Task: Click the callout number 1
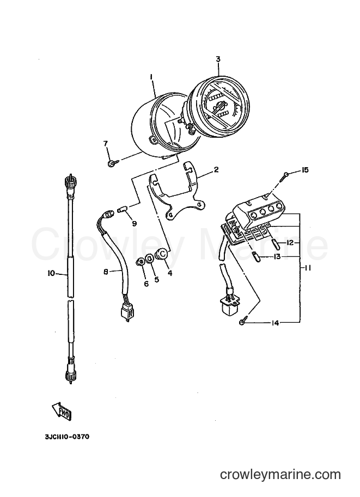[151, 77]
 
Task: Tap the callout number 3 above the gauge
[218, 59]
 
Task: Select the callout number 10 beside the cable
[51, 273]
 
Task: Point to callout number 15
[304, 170]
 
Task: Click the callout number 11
[307, 268]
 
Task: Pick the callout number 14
[274, 323]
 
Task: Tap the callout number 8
[106, 271]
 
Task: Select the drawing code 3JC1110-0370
[67, 437]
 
